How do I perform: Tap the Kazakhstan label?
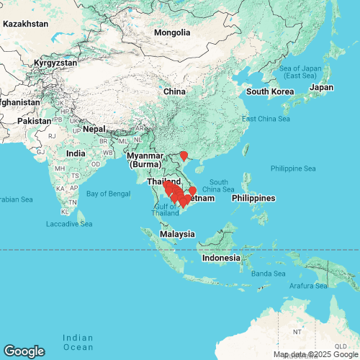[25, 24]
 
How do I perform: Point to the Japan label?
[321, 87]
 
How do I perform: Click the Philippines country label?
[253, 198]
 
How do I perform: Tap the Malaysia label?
[177, 234]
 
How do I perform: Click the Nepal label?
[94, 129]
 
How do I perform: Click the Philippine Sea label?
[293, 168]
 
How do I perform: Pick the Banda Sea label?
[269, 274]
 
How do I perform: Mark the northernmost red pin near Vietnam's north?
[184, 155]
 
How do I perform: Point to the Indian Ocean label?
[78, 342]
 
